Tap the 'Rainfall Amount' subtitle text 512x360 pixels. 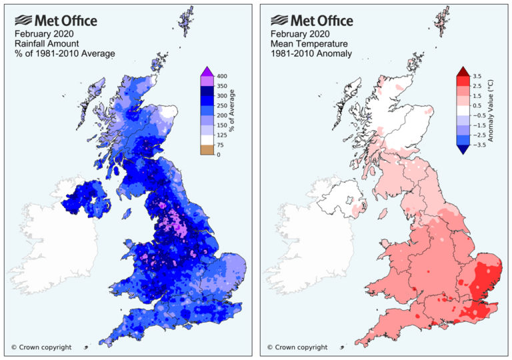43,42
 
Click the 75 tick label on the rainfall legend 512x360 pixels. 219,143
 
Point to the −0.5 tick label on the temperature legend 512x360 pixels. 479,115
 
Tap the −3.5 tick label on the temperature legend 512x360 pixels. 479,143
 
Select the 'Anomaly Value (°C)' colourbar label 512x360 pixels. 494,110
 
